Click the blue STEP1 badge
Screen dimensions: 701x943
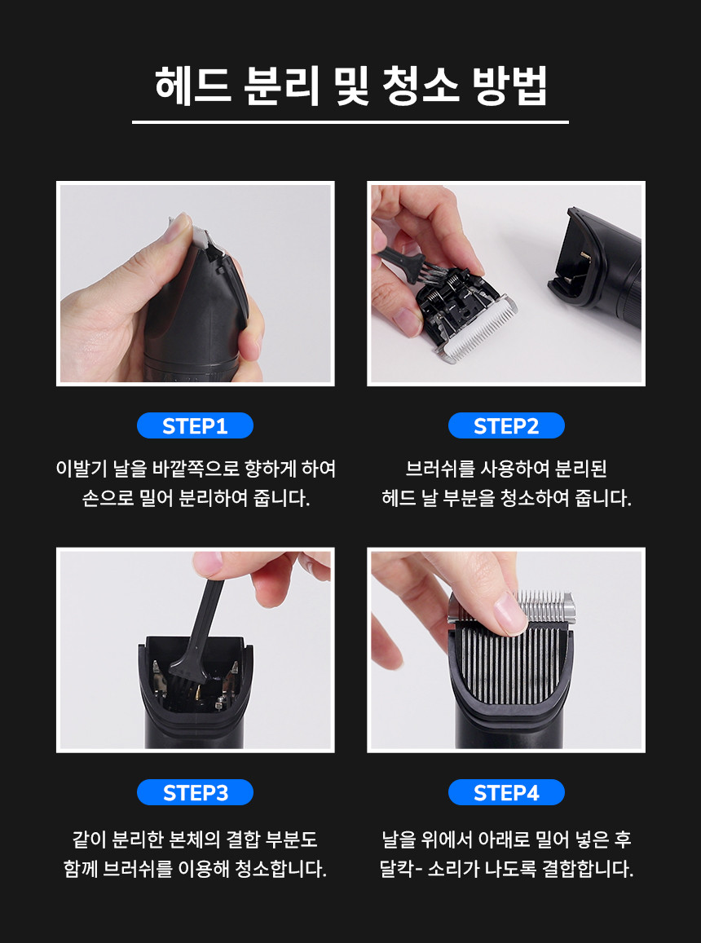(x=195, y=425)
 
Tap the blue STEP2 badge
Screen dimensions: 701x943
(x=506, y=425)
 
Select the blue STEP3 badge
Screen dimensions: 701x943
(x=195, y=793)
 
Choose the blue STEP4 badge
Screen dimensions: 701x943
(x=506, y=793)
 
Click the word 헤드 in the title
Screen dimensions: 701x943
(x=192, y=86)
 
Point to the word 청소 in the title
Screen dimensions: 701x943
(x=420, y=86)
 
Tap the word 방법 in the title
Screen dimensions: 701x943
(x=509, y=86)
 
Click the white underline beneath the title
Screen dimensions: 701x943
(x=350, y=122)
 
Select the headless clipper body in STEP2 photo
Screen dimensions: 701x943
(x=596, y=265)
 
